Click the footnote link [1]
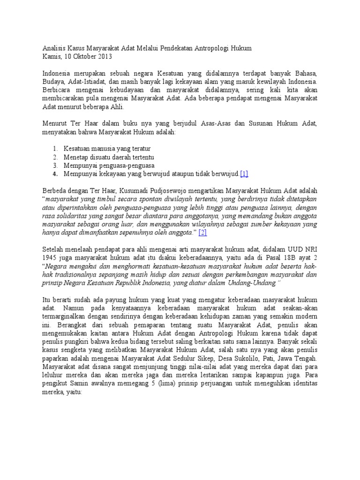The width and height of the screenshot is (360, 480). pos(244,174)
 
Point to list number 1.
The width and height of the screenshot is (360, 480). pos(55,149)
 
